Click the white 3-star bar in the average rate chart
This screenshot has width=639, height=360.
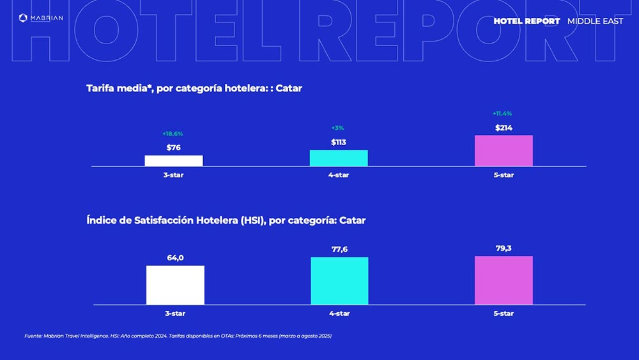pos(174,160)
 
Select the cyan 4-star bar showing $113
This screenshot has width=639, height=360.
pos(339,158)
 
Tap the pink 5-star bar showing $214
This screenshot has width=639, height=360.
pos(504,151)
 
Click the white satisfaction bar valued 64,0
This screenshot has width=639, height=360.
pos(175,285)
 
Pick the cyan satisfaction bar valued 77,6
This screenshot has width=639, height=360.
pos(339,281)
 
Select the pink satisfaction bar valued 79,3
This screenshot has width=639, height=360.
pos(504,281)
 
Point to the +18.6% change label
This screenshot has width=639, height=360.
pos(173,134)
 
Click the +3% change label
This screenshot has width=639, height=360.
pos(337,128)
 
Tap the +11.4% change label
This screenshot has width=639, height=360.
pos(502,113)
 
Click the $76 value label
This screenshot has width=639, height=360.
pos(174,148)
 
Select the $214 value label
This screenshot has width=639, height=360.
pos(504,128)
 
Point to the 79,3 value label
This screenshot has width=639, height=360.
pos(504,248)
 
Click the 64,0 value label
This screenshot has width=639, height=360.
pos(175,258)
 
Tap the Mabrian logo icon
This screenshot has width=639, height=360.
pos(23,17)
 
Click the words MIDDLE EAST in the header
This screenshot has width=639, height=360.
pos(596,21)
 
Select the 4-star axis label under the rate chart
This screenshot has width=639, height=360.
pos(339,175)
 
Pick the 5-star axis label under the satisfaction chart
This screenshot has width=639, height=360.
pos(504,313)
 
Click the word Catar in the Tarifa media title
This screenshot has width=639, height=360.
pos(289,88)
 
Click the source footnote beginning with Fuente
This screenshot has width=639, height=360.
pos(178,336)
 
